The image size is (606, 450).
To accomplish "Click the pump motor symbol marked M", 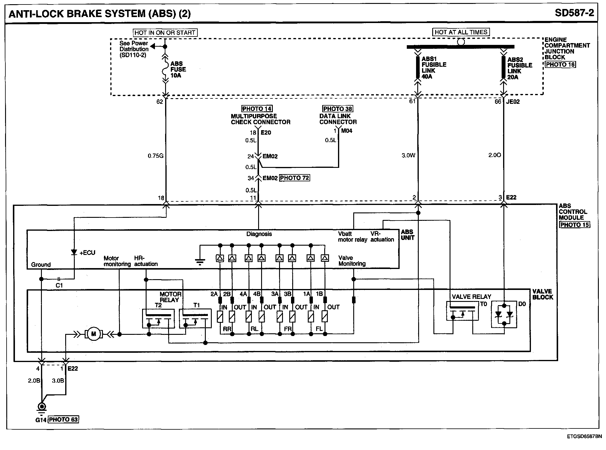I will pos(94,334).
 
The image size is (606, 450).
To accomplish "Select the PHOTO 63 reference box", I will pos(63,419).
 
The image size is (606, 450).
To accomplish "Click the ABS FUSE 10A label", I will pos(178,69).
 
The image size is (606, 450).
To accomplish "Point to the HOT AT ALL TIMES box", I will pos(461,32).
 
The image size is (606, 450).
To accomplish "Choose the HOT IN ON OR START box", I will pos(165,33).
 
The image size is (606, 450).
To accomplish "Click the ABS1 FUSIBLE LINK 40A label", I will pos(434,68).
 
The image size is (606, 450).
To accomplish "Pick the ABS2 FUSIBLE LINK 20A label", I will pos(520,68).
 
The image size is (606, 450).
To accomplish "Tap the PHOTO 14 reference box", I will pos(257,109).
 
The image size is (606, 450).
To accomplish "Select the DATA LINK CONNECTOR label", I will pos(338,119).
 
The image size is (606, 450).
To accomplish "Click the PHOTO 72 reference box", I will pos(294,178).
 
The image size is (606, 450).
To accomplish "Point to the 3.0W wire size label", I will pos(408,155).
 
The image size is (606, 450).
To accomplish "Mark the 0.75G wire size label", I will pos(156,156).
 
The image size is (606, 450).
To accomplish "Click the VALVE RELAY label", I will pos(471,297).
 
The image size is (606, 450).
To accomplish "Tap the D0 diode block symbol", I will pos(504,315).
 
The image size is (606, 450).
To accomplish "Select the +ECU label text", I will pos(87,253).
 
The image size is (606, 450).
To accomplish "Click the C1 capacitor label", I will pos(59,285).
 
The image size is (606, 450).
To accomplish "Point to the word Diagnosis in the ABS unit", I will pos(259,234).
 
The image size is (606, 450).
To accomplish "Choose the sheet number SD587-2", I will pos(574,13).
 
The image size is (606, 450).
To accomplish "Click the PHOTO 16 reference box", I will pos(560,64).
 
